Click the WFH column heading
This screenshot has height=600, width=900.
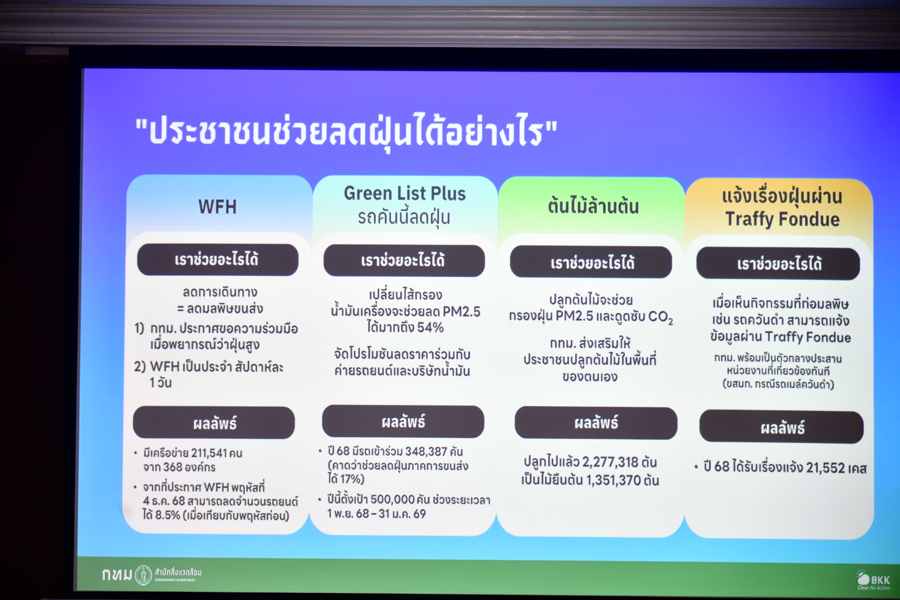pos(217,207)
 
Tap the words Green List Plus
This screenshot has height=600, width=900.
pos(405,193)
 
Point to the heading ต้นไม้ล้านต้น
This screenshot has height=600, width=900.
pos(593,206)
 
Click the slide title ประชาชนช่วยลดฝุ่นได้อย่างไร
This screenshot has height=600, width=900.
pos(346,132)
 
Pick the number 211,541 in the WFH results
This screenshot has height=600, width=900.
pos(209,453)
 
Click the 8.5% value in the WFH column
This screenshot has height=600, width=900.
pos(167,515)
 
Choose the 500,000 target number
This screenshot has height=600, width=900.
pos(393,500)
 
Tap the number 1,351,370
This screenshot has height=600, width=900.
pos(612,480)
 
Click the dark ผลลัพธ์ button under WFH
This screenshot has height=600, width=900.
pos(214,423)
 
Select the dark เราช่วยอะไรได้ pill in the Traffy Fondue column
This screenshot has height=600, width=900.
pos(778,264)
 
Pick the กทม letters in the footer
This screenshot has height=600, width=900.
pos(117,575)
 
